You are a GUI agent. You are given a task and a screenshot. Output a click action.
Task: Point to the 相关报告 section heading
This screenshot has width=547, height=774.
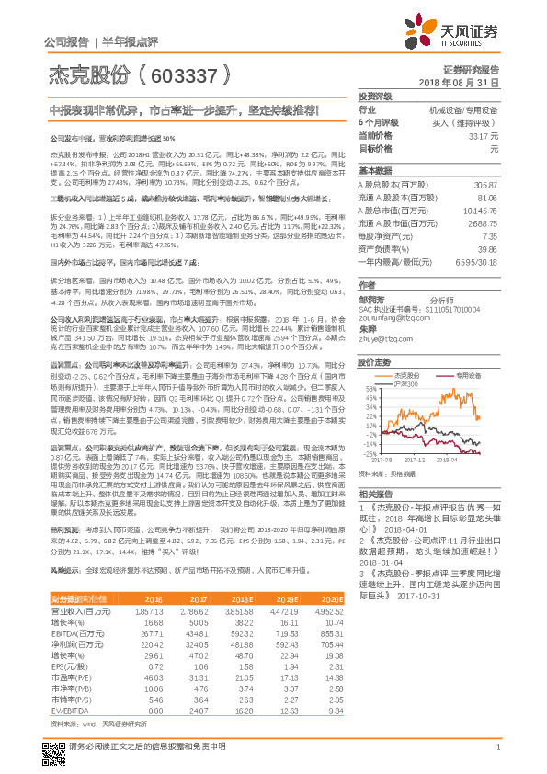pyautogui.click(x=376, y=494)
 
